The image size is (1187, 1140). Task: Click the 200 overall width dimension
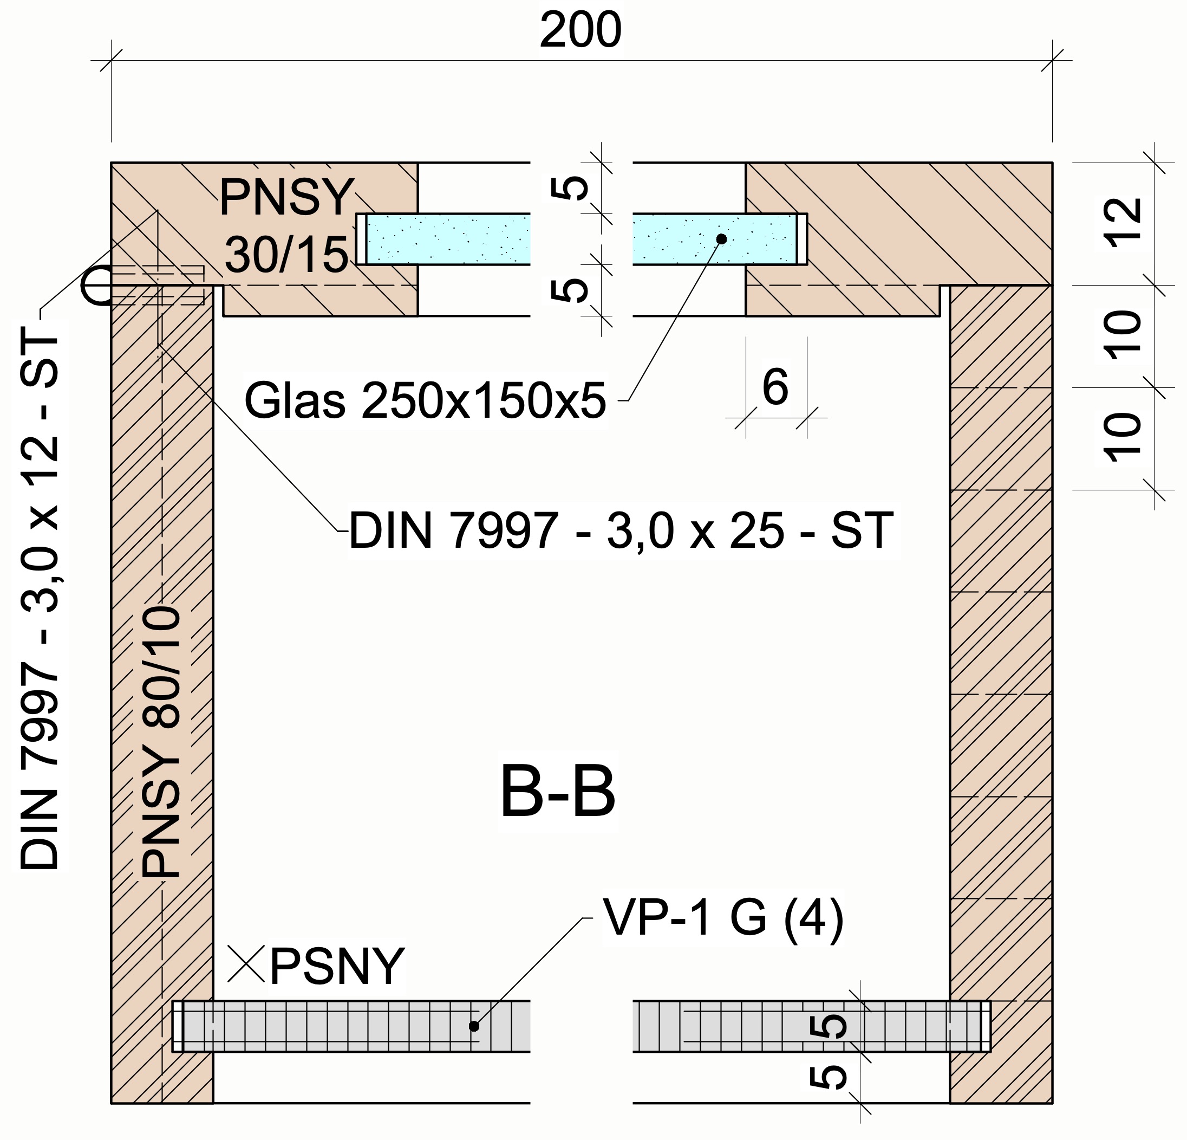tap(580, 30)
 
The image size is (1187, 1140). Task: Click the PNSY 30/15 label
tap(286, 225)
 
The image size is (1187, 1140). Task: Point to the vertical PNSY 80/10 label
tap(161, 742)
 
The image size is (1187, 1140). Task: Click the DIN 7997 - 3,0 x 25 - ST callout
tap(621, 531)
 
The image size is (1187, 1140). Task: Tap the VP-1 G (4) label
tap(723, 917)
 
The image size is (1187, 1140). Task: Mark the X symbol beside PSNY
tap(246, 964)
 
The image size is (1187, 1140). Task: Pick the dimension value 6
tap(775, 387)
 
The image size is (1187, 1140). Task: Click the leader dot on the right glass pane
tap(721, 239)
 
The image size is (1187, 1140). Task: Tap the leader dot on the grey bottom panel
tap(474, 1026)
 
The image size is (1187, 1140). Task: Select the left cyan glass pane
tap(448, 239)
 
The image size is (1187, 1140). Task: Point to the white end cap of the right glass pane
tap(802, 239)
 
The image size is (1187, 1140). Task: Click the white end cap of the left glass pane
tap(361, 239)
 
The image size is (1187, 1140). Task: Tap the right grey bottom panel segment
tap(805, 1026)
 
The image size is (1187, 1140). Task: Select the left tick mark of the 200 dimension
tap(112, 60)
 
